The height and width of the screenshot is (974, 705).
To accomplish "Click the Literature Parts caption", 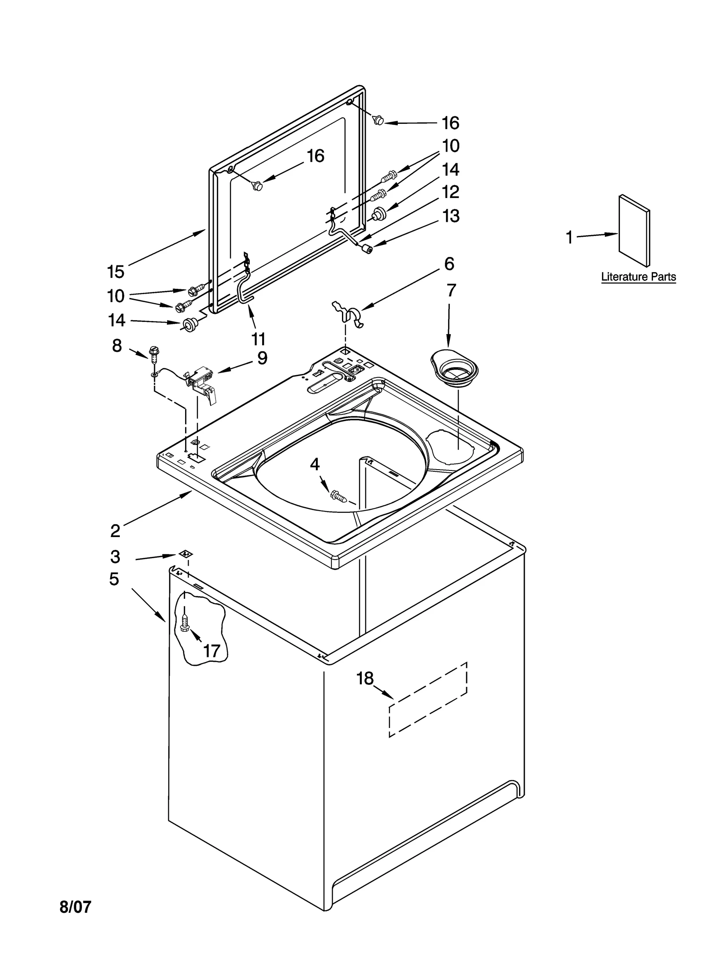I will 638,277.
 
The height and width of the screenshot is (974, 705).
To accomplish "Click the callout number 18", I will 365,679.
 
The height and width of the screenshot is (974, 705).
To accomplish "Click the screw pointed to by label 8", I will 154,352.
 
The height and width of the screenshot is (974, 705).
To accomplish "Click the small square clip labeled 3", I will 186,554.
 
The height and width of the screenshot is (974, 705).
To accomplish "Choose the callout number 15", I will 115,272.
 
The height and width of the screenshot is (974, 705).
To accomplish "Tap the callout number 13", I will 450,216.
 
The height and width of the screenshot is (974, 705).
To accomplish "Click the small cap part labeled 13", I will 365,249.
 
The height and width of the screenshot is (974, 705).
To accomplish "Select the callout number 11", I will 258,339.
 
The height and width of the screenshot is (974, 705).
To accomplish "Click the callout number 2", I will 115,531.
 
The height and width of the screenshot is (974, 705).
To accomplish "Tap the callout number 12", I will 450,192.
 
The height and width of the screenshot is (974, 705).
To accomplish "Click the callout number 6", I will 449,264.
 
